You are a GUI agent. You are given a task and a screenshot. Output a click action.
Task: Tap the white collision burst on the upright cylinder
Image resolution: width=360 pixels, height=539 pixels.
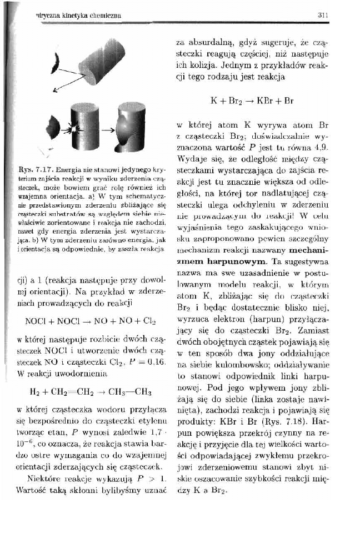pyautogui.click(x=73, y=127)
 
